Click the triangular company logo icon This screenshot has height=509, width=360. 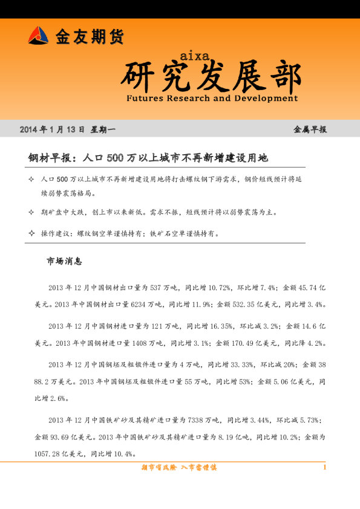[x=38, y=36]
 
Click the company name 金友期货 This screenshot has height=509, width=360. [x=90, y=37]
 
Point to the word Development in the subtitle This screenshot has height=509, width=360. [x=265, y=97]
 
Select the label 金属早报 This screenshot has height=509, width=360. [x=310, y=129]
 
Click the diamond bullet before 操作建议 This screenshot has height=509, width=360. [x=31, y=233]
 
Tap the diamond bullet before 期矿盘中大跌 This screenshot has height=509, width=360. [x=31, y=213]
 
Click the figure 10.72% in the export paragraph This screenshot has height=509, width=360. [x=218, y=288]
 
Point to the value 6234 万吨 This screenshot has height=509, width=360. [x=146, y=303]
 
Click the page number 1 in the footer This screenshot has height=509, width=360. [x=325, y=467]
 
